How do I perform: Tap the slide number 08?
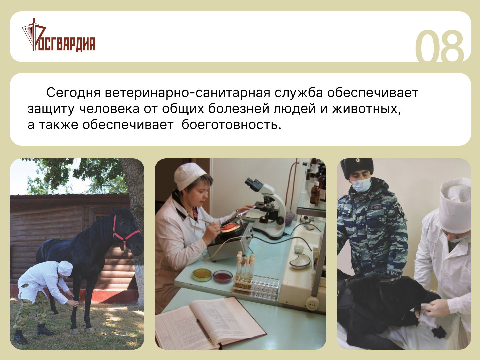tap(439, 47)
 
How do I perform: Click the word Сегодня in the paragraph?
tap(73, 93)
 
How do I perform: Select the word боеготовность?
tap(231, 125)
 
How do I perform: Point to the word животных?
tap(367, 109)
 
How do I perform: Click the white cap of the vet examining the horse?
tap(65, 268)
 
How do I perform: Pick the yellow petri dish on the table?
tap(202, 275)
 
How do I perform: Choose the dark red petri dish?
tap(223, 277)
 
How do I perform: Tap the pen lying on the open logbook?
tap(204, 330)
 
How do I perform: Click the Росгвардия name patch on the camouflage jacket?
tap(375, 207)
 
